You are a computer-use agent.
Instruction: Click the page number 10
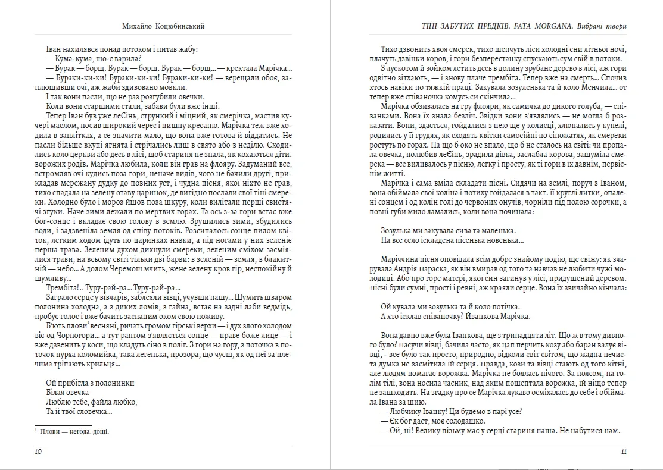[38, 452]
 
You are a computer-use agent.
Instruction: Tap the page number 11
[623, 452]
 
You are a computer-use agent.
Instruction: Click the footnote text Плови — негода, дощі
[75, 432]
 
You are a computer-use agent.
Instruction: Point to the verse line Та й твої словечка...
[79, 411]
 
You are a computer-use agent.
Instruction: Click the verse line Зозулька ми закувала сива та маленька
[447, 230]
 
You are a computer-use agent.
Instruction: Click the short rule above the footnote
[63, 425]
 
